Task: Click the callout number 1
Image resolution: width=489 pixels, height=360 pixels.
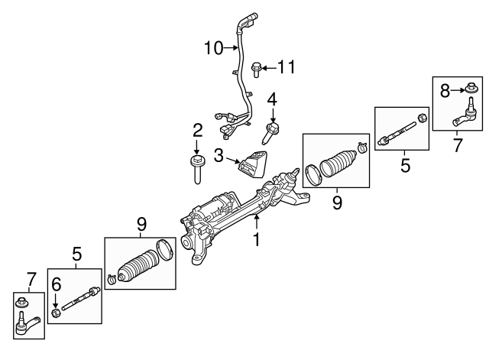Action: coord(257,240)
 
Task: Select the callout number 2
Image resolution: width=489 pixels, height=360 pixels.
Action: coord(197,130)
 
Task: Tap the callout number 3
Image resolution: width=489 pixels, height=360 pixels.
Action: coord(219,157)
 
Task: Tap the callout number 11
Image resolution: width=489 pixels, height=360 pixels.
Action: coord(285,68)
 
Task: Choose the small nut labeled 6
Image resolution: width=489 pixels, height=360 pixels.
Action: coord(56,313)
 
